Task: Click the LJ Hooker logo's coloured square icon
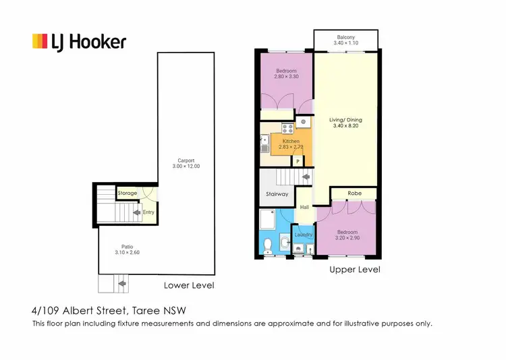(x=40, y=42)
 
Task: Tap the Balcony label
(x=347, y=37)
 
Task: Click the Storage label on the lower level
(x=128, y=193)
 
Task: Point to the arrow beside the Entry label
(x=137, y=212)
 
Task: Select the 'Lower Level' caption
(x=189, y=286)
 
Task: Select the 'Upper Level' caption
(x=354, y=270)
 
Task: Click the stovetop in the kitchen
(x=287, y=128)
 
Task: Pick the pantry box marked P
(x=298, y=161)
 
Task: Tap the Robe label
(x=354, y=193)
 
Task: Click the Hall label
(x=304, y=207)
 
